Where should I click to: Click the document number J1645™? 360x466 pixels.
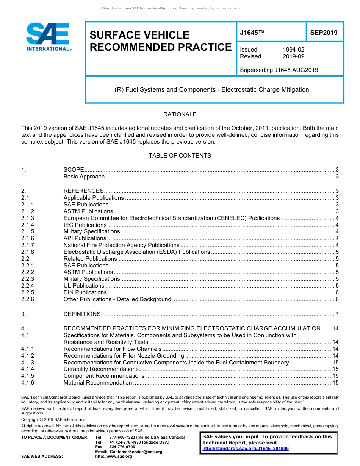(x=252, y=33)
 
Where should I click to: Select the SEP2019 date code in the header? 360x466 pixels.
(x=324, y=33)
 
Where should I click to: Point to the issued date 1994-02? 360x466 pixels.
(x=293, y=50)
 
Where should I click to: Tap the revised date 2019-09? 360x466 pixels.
(x=293, y=56)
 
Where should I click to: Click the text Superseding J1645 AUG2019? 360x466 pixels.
(x=279, y=70)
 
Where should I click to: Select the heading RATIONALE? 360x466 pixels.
(x=180, y=114)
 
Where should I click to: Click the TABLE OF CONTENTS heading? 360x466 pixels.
(x=180, y=156)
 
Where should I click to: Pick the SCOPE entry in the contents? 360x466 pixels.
(x=74, y=170)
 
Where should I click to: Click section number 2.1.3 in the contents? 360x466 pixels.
(x=28, y=218)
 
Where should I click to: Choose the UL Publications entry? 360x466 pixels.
(x=84, y=286)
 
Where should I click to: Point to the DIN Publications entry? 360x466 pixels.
(x=85, y=292)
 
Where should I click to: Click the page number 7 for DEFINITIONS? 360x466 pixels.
(x=337, y=314)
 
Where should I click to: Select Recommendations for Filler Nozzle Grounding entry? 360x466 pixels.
(x=124, y=356)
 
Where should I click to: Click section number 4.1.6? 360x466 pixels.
(x=28, y=383)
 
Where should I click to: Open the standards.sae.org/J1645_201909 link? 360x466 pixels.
(x=246, y=449)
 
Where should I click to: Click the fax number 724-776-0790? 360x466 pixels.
(x=122, y=447)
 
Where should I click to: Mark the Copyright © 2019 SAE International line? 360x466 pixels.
(x=54, y=419)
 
